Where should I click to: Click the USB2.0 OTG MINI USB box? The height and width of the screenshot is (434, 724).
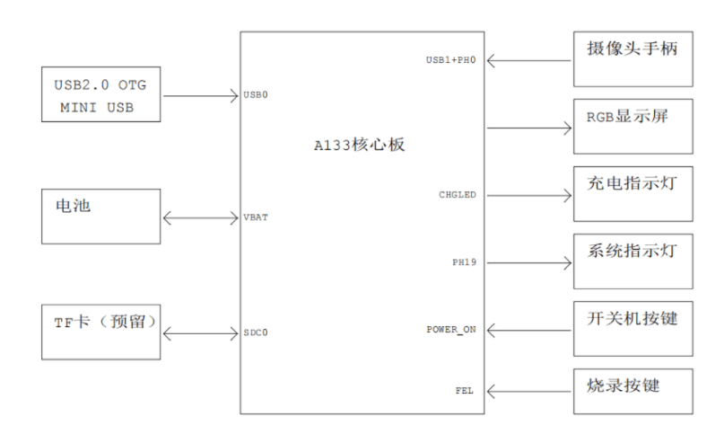coord(100,94)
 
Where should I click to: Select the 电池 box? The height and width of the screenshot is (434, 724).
coord(100,216)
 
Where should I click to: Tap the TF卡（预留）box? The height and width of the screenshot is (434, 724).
coord(100,332)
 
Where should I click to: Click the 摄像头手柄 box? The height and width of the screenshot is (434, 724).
coord(632,58)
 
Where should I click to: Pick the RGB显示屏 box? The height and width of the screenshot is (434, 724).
coord(632,126)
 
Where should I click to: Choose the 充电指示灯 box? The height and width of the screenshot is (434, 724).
coord(632,193)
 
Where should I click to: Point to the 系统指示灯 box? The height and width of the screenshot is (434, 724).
coord(632,261)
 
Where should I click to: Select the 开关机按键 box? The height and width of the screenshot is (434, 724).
coord(632,329)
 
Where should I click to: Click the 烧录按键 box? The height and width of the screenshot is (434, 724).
coord(632,391)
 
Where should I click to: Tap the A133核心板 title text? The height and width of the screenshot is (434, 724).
coord(360,144)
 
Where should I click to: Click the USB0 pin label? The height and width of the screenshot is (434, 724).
coord(256,95)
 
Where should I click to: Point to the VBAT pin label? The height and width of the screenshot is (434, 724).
coord(256,217)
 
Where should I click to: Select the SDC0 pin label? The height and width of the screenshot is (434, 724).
coord(256,332)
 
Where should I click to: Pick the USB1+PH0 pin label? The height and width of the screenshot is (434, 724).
coord(450,61)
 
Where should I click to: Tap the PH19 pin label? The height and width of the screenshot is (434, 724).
coord(464,262)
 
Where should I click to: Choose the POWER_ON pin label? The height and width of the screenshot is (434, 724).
coord(451,330)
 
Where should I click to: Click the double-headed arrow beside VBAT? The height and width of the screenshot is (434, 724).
coord(200,217)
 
